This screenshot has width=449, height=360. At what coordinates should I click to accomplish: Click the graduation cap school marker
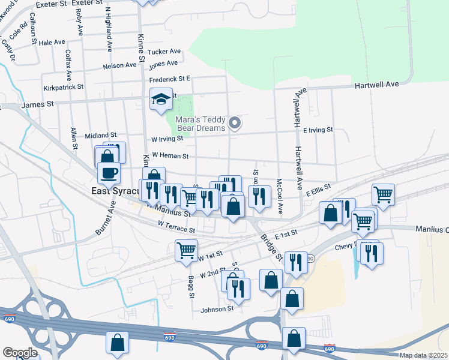click(x=161, y=99)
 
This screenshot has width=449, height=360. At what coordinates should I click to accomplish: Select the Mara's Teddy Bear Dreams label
click(x=200, y=124)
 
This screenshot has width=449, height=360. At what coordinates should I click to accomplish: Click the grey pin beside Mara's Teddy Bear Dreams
click(x=235, y=124)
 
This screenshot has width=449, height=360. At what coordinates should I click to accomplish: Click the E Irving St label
click(x=318, y=130)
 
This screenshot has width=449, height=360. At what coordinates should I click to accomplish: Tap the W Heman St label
click(x=170, y=155)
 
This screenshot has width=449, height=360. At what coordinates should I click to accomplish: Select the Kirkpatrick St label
click(x=61, y=87)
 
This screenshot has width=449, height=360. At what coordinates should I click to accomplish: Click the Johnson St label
click(x=217, y=309)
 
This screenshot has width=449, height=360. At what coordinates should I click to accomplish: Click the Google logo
click(x=20, y=353)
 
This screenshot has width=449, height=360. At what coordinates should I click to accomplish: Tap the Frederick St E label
click(x=170, y=79)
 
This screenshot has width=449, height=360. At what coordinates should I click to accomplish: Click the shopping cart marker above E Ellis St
click(x=383, y=194)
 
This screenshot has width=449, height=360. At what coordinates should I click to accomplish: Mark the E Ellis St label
click(x=318, y=190)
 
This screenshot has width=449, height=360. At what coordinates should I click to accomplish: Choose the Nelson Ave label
click(x=120, y=65)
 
